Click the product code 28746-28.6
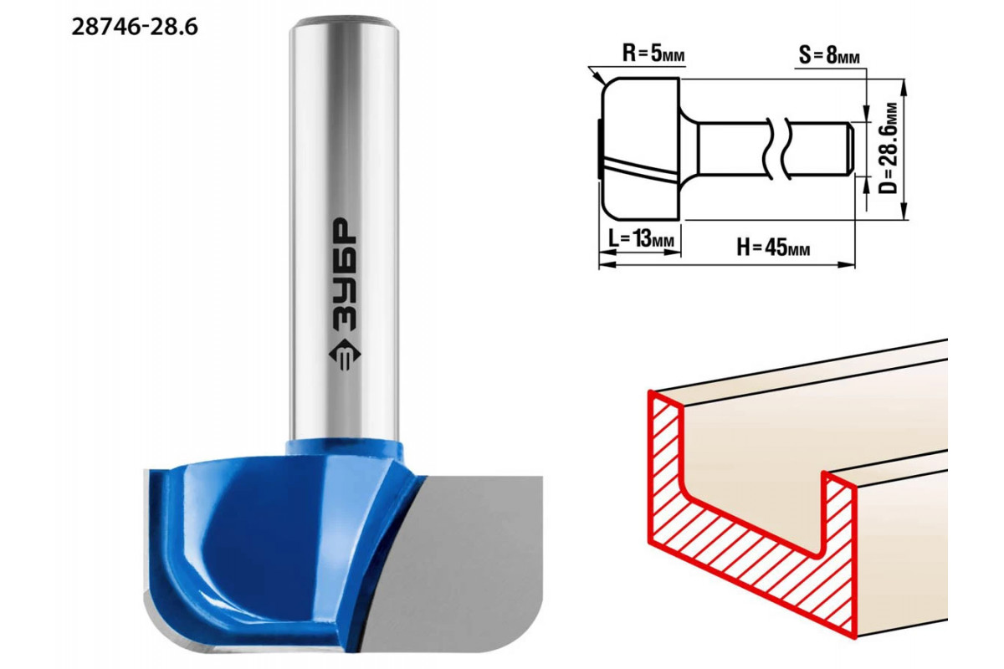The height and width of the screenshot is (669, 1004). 135,28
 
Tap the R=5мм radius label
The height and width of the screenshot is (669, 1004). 653,54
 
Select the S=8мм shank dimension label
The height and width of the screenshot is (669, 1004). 829,56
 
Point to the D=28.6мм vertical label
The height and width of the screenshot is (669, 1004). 889,148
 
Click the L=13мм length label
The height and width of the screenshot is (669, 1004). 641,239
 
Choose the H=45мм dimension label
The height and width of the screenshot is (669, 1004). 773,247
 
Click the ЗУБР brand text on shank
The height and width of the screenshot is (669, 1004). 345,274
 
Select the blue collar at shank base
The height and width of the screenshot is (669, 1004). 344,452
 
